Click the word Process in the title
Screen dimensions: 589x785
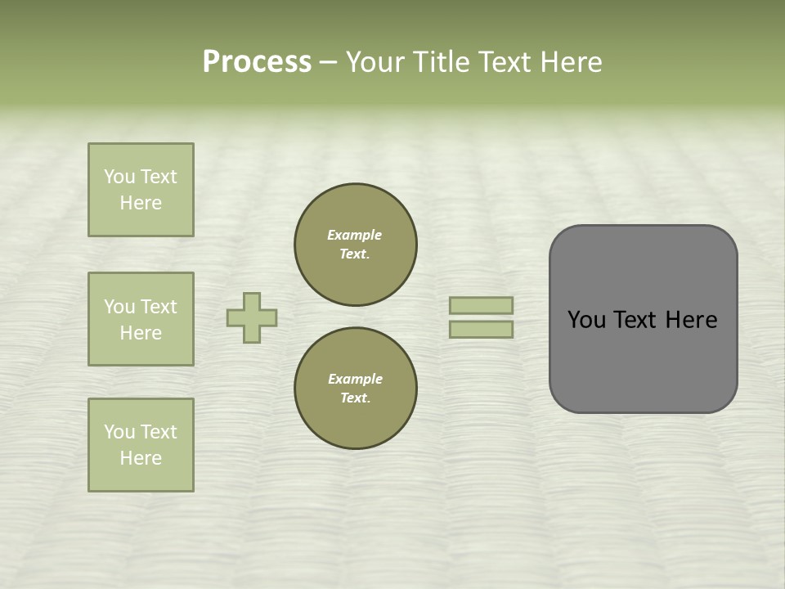click(x=257, y=62)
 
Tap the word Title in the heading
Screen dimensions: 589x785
click(x=439, y=62)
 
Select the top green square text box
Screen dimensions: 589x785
click(x=141, y=190)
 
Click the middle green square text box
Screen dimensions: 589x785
click(x=141, y=319)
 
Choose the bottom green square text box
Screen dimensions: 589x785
click(x=141, y=445)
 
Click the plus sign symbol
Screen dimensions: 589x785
click(x=252, y=317)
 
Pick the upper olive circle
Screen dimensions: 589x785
click(x=355, y=245)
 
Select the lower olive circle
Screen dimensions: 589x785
click(x=355, y=389)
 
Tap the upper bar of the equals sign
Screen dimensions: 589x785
click(x=481, y=306)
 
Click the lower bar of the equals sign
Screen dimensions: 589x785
click(x=481, y=329)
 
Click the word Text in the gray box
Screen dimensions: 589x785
click(x=637, y=320)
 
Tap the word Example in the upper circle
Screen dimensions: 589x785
click(x=355, y=236)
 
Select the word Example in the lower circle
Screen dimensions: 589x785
click(x=355, y=380)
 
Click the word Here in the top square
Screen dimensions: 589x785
click(x=141, y=204)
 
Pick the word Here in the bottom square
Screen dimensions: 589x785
click(x=141, y=459)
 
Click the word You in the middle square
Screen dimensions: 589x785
click(x=119, y=307)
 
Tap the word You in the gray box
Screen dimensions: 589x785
click(x=586, y=320)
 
